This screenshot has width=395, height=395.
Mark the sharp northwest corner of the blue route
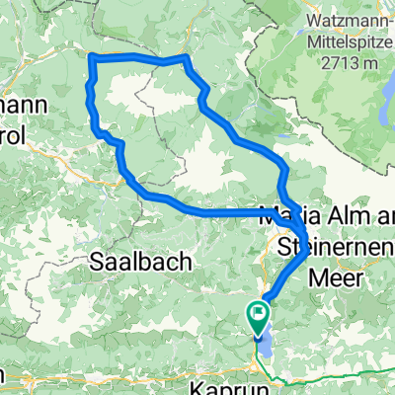click(x=92, y=57)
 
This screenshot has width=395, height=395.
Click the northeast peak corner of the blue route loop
click(x=184, y=59)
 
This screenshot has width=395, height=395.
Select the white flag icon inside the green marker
click(x=259, y=315)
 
